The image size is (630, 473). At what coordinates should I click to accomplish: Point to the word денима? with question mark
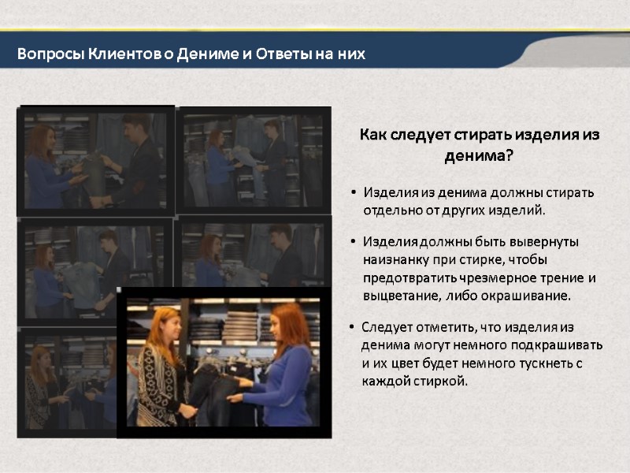point(479,155)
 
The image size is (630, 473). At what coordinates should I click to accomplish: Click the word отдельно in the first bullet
point(391,210)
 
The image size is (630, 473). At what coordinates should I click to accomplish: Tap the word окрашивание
point(528,296)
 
